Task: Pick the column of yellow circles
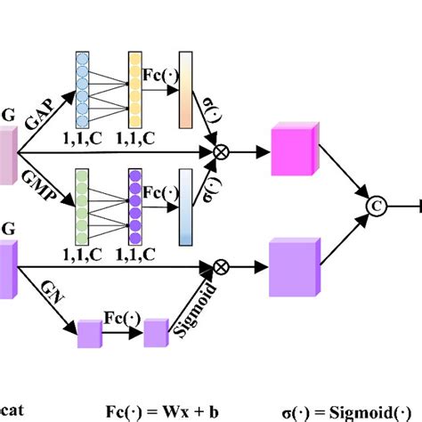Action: click(x=136, y=89)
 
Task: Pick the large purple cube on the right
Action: click(x=293, y=264)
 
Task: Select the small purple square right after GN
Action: click(x=91, y=335)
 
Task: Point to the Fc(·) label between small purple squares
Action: click(x=123, y=317)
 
